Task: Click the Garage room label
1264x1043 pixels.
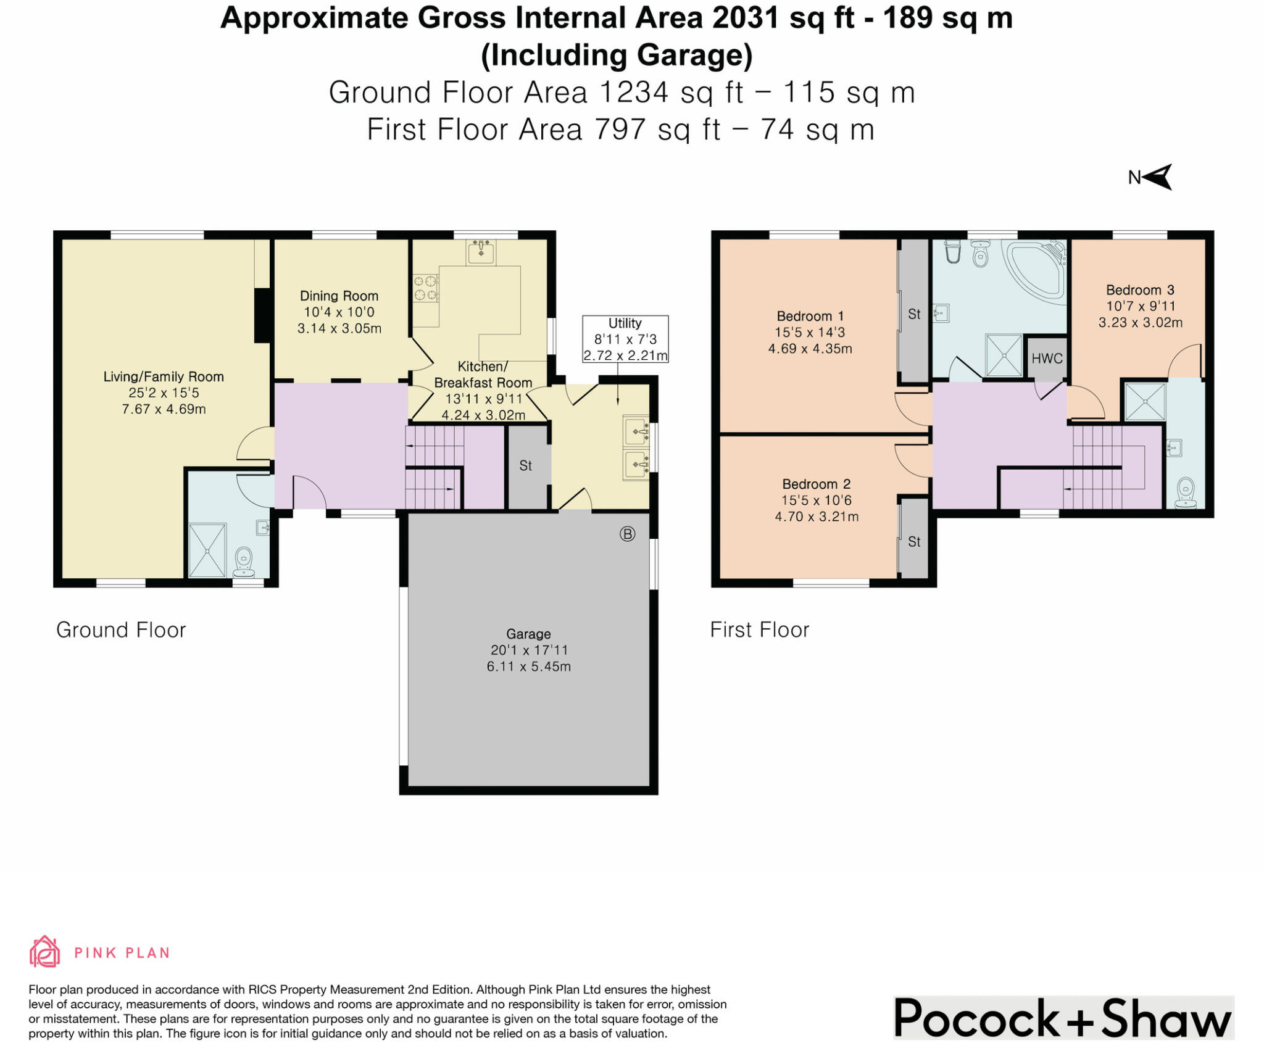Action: coord(528,634)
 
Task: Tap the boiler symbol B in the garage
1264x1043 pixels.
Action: coord(627,534)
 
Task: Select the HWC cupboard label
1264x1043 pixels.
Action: coord(1047,359)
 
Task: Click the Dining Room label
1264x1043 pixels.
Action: coord(339,296)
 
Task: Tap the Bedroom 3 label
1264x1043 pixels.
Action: coord(1140,290)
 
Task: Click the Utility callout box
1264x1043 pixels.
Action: coord(625,339)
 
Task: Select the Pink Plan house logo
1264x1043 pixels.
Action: coord(45,951)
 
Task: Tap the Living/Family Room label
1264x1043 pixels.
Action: coord(164,377)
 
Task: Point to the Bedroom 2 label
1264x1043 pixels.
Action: coord(816,484)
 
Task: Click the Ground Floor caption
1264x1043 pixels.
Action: coord(121,630)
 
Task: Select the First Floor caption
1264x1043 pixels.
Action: coord(759,630)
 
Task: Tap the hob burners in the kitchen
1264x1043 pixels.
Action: coord(425,288)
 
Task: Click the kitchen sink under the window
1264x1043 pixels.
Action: coord(481,252)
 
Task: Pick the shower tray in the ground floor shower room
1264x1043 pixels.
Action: coord(207,551)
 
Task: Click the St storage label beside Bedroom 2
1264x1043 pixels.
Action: coord(914,542)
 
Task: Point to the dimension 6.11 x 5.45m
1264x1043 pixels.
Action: coord(528,667)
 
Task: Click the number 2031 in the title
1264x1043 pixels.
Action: coord(746,18)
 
